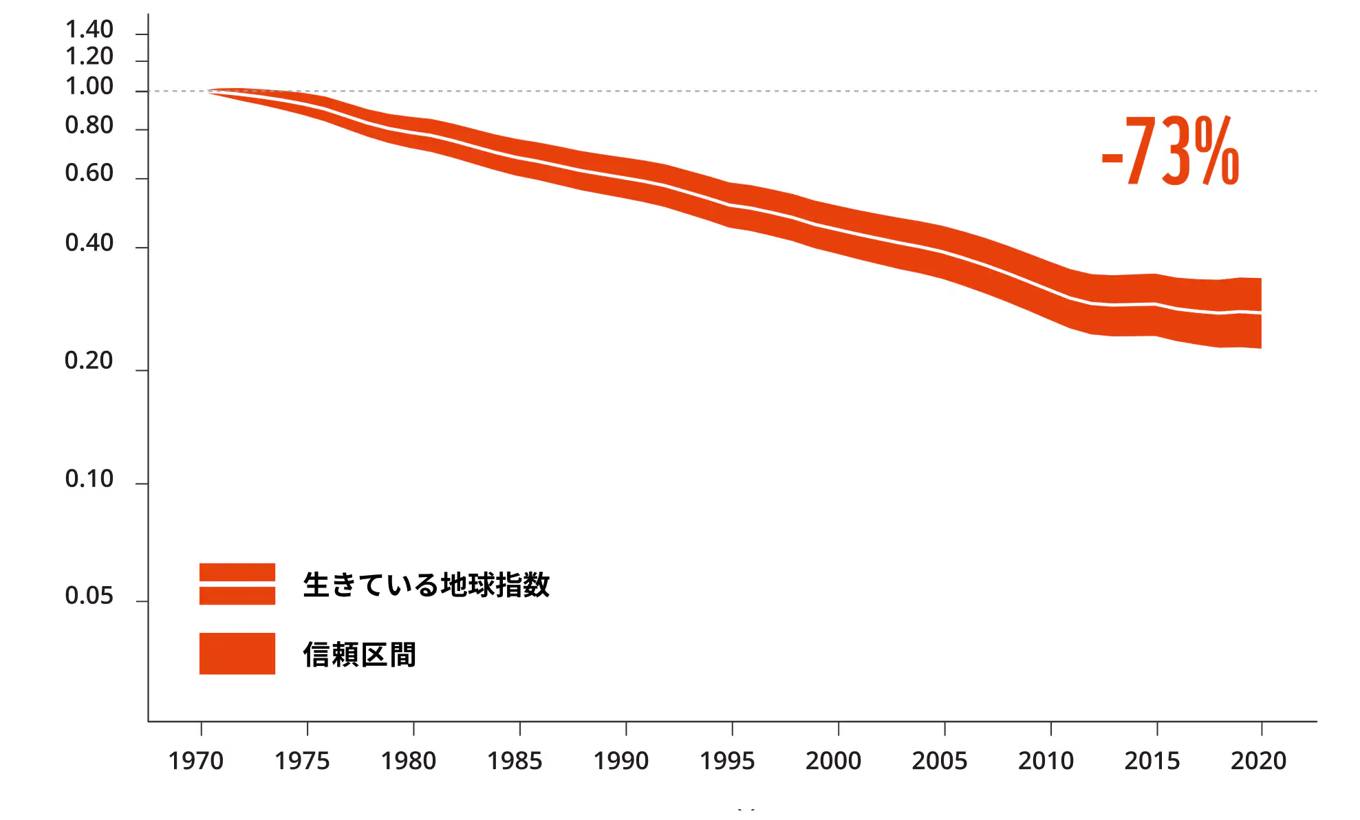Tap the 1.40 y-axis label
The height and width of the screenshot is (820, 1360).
89,30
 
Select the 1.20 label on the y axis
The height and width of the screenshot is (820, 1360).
89,56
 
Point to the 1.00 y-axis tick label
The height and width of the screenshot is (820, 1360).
89,87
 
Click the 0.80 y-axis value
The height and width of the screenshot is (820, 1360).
89,125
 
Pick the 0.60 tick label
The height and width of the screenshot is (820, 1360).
89,173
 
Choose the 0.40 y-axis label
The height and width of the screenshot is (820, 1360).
89,243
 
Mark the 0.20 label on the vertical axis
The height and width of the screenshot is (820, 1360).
89,360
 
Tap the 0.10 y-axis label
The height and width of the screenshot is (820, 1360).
89,479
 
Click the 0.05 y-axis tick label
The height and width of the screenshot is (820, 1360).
89,596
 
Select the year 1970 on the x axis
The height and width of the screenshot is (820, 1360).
196,761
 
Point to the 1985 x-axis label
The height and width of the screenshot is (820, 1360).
515,761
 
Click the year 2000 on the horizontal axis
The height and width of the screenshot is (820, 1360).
833,761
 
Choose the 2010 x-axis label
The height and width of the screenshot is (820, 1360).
1046,761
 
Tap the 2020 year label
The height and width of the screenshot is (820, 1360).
1258,761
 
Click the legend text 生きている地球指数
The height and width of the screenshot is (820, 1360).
427,585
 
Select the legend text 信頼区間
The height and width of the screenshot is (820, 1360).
360,654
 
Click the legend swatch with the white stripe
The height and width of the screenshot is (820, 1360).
237,584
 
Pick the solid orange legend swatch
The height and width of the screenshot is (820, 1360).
237,654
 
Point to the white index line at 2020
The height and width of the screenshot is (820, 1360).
1260,313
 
